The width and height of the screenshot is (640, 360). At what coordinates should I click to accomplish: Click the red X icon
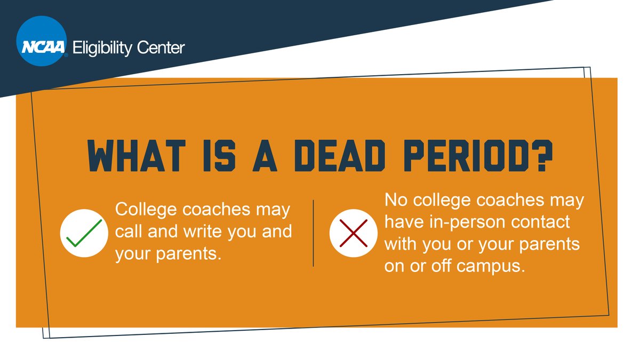[350, 233]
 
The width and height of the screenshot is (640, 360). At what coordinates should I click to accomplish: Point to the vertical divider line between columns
[313, 233]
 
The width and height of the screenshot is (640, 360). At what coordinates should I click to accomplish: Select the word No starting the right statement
[395, 201]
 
